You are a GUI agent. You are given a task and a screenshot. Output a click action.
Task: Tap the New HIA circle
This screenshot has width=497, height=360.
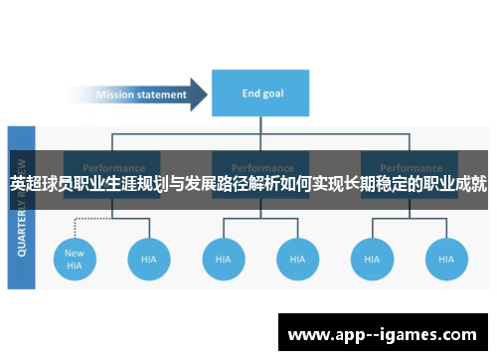click(75, 259)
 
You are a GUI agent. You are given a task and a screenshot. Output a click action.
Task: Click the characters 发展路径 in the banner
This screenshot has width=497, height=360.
click(226, 184)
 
